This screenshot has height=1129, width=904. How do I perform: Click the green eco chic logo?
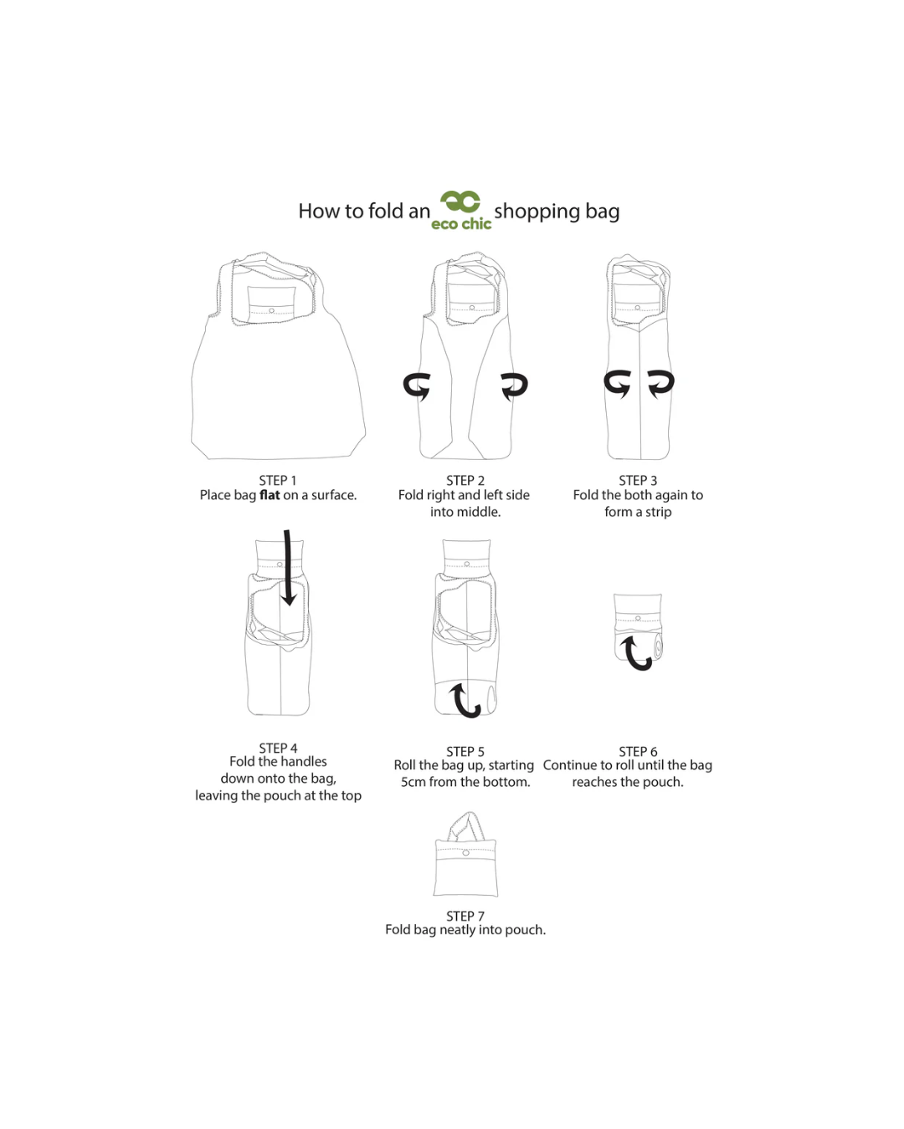tap(460, 211)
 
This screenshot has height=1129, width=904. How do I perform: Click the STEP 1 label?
tap(277, 480)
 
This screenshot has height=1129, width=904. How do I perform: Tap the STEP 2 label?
tap(465, 480)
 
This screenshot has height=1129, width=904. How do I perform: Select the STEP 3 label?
tap(637, 480)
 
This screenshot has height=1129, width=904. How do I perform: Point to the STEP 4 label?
tap(278, 748)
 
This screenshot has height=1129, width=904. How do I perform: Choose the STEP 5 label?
tap(465, 751)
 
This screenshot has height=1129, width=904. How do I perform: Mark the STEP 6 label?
tap(637, 751)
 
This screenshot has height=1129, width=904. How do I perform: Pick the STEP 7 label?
tap(465, 916)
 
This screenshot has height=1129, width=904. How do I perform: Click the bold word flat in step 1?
tap(270, 495)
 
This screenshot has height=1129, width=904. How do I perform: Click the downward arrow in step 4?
tap(287, 567)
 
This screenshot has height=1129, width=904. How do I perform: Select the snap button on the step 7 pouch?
tap(465, 852)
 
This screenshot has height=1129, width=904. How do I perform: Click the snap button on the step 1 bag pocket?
tap(271, 310)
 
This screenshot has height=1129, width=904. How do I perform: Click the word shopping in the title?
tap(537, 212)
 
